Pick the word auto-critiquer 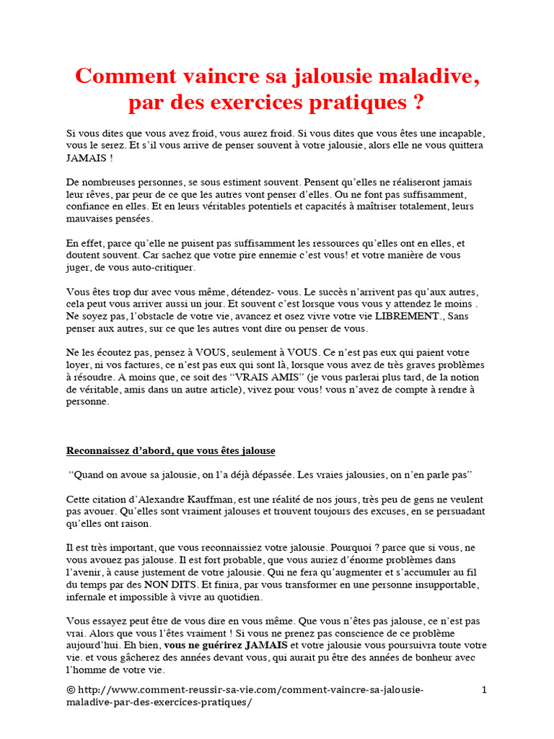click(x=164, y=267)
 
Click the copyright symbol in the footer click(x=70, y=691)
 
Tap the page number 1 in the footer click(x=484, y=691)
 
